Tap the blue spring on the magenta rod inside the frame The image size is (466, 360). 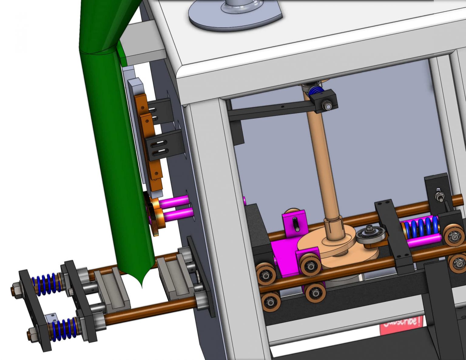[420, 228]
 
